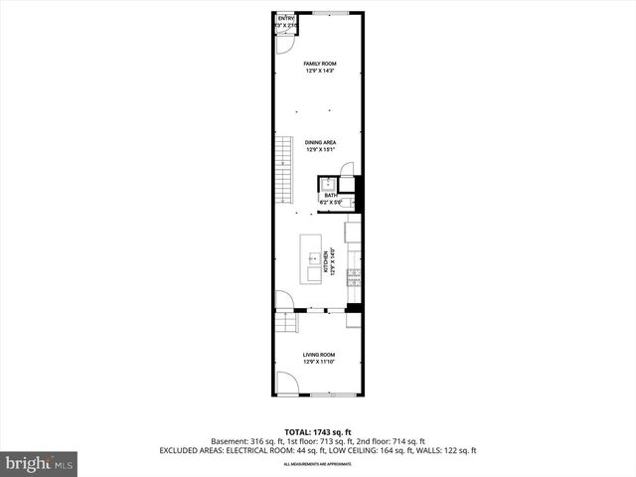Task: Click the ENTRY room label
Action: tap(286, 18)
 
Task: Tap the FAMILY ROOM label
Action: tap(319, 64)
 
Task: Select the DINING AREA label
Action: tap(320, 142)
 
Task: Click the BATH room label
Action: tap(330, 195)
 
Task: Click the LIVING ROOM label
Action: tap(319, 355)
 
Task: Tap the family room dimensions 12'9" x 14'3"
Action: tap(319, 71)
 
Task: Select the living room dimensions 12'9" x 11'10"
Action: tap(319, 362)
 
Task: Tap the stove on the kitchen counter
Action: tap(353, 281)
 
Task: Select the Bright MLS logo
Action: tap(39, 463)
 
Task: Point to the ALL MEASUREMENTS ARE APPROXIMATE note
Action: tap(318, 464)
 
